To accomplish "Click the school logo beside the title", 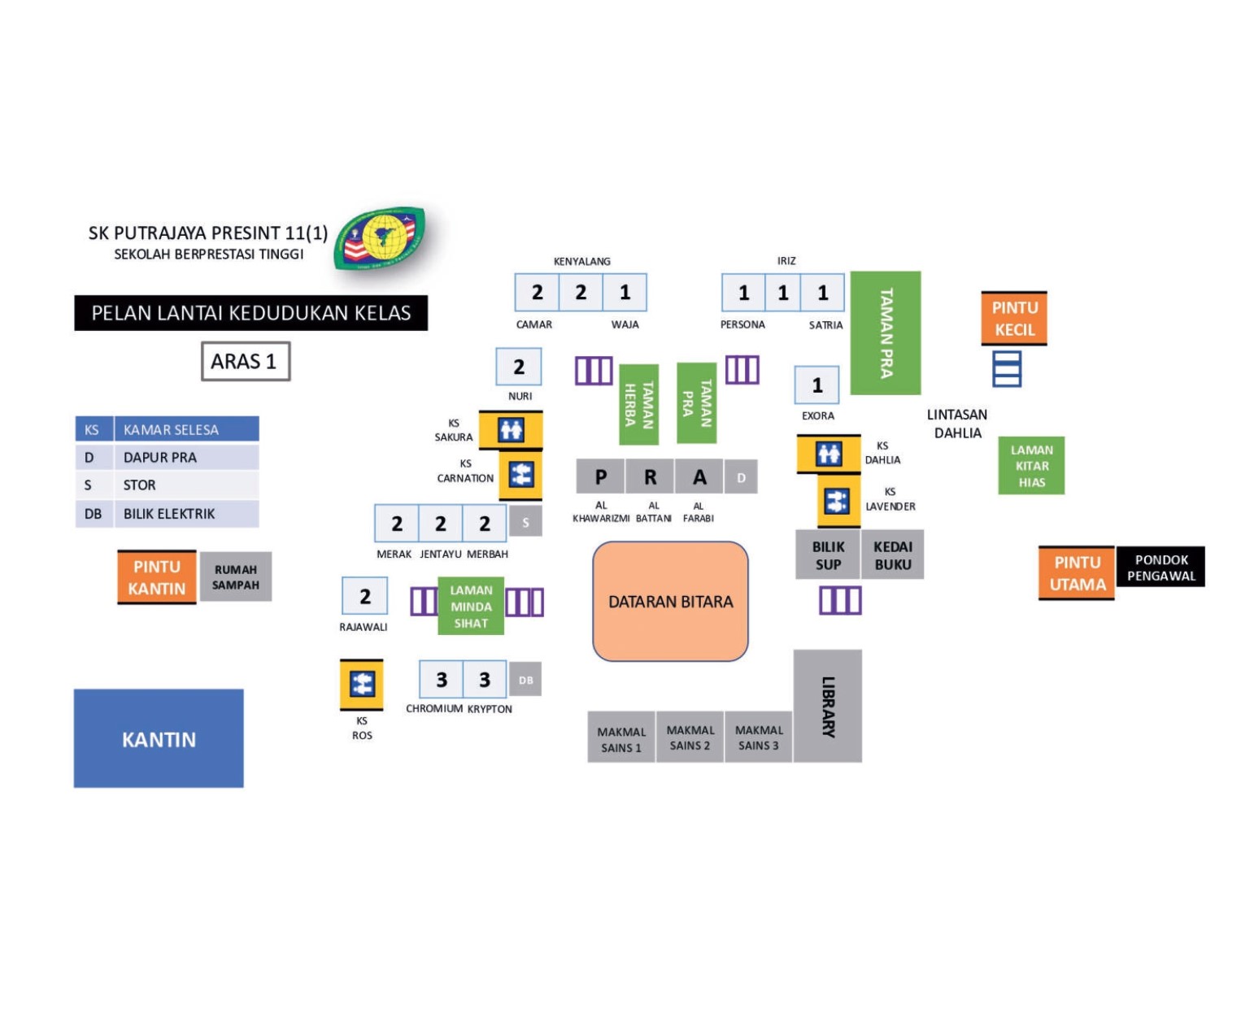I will pos(379,238).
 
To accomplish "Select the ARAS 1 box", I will pos(245,361).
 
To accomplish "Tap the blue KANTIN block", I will pos(159,738).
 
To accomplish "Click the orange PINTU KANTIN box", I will pos(157,577).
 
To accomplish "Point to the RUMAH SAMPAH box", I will pos(236,577).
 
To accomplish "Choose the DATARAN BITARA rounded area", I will pos(670,602).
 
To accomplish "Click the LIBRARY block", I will pos(828,706).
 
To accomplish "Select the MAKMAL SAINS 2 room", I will pos(690,738).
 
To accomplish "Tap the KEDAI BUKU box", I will pos(892,555).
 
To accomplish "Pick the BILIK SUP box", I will pos(828,555).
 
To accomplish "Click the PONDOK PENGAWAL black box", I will pos(1160,568).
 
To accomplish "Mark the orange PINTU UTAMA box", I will pos(1077,573).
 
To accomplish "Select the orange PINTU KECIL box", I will pos(1014,319).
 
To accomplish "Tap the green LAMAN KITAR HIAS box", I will pos(1031,466).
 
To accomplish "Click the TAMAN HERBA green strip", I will pos(638,404).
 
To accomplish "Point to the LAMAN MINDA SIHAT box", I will pos(471,606).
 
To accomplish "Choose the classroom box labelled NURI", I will pos(519,368).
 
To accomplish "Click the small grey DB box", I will pos(525,680).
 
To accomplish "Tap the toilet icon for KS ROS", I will pos(362,684).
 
